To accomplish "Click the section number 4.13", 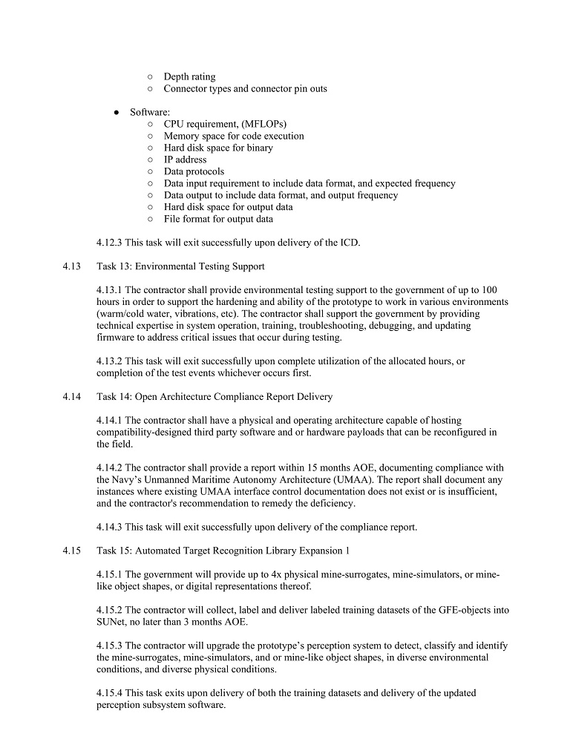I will coord(71,266).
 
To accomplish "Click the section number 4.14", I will coord(71,397).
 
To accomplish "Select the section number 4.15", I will coord(71,551).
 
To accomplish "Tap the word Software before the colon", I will coord(148,112).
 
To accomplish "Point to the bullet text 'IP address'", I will coord(185,160).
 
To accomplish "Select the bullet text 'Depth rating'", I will coord(189,76).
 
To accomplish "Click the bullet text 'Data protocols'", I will coord(194,171).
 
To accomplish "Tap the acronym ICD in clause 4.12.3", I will coord(350,243).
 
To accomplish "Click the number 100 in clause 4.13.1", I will coord(489,290).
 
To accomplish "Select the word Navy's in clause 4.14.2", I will coord(113,480).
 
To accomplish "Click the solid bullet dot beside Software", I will coord(117,113).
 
